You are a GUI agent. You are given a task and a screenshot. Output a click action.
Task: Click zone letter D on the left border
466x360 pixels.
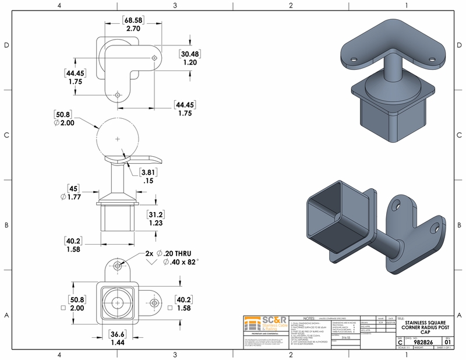(x=5, y=45)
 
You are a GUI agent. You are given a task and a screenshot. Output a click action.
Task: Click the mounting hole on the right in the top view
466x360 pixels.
(x=153, y=57)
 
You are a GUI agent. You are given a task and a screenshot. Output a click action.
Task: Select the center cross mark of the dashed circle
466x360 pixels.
(x=117, y=139)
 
